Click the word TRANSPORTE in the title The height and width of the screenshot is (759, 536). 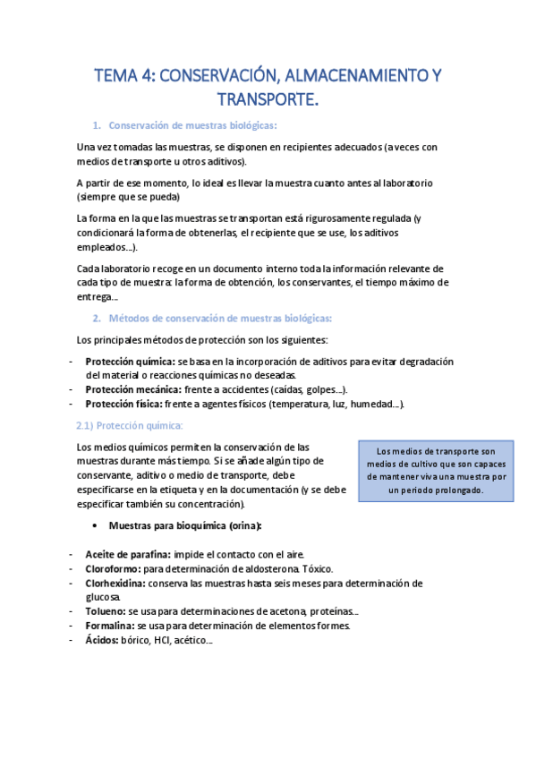click(x=267, y=98)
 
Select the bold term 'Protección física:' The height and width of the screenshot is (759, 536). click(x=123, y=404)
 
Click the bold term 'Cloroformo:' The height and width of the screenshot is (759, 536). click(x=113, y=568)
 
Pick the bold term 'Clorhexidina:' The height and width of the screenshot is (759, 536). click(x=116, y=583)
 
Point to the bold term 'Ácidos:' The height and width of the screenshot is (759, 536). click(x=102, y=640)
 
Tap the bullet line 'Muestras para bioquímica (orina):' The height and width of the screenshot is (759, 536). click(x=184, y=524)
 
